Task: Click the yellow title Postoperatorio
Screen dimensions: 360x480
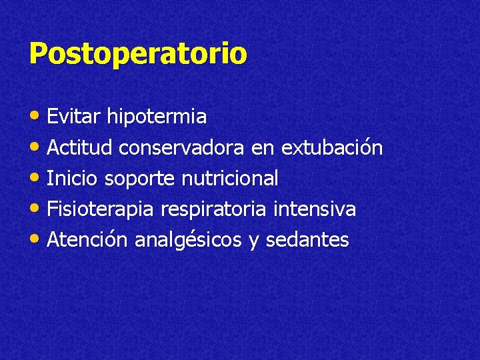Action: coord(138,54)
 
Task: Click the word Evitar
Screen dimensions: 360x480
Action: coord(75,117)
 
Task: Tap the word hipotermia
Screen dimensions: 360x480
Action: coord(157,117)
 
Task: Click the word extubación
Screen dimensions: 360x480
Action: coord(332,147)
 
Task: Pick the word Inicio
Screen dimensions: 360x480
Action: coord(73,178)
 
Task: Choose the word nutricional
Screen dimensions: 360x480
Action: coord(230,178)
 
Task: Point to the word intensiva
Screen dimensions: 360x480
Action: coord(315,209)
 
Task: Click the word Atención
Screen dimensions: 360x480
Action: coord(87,239)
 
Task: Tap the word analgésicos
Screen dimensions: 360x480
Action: coord(188,240)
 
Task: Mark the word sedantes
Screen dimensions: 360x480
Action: coord(307,239)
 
